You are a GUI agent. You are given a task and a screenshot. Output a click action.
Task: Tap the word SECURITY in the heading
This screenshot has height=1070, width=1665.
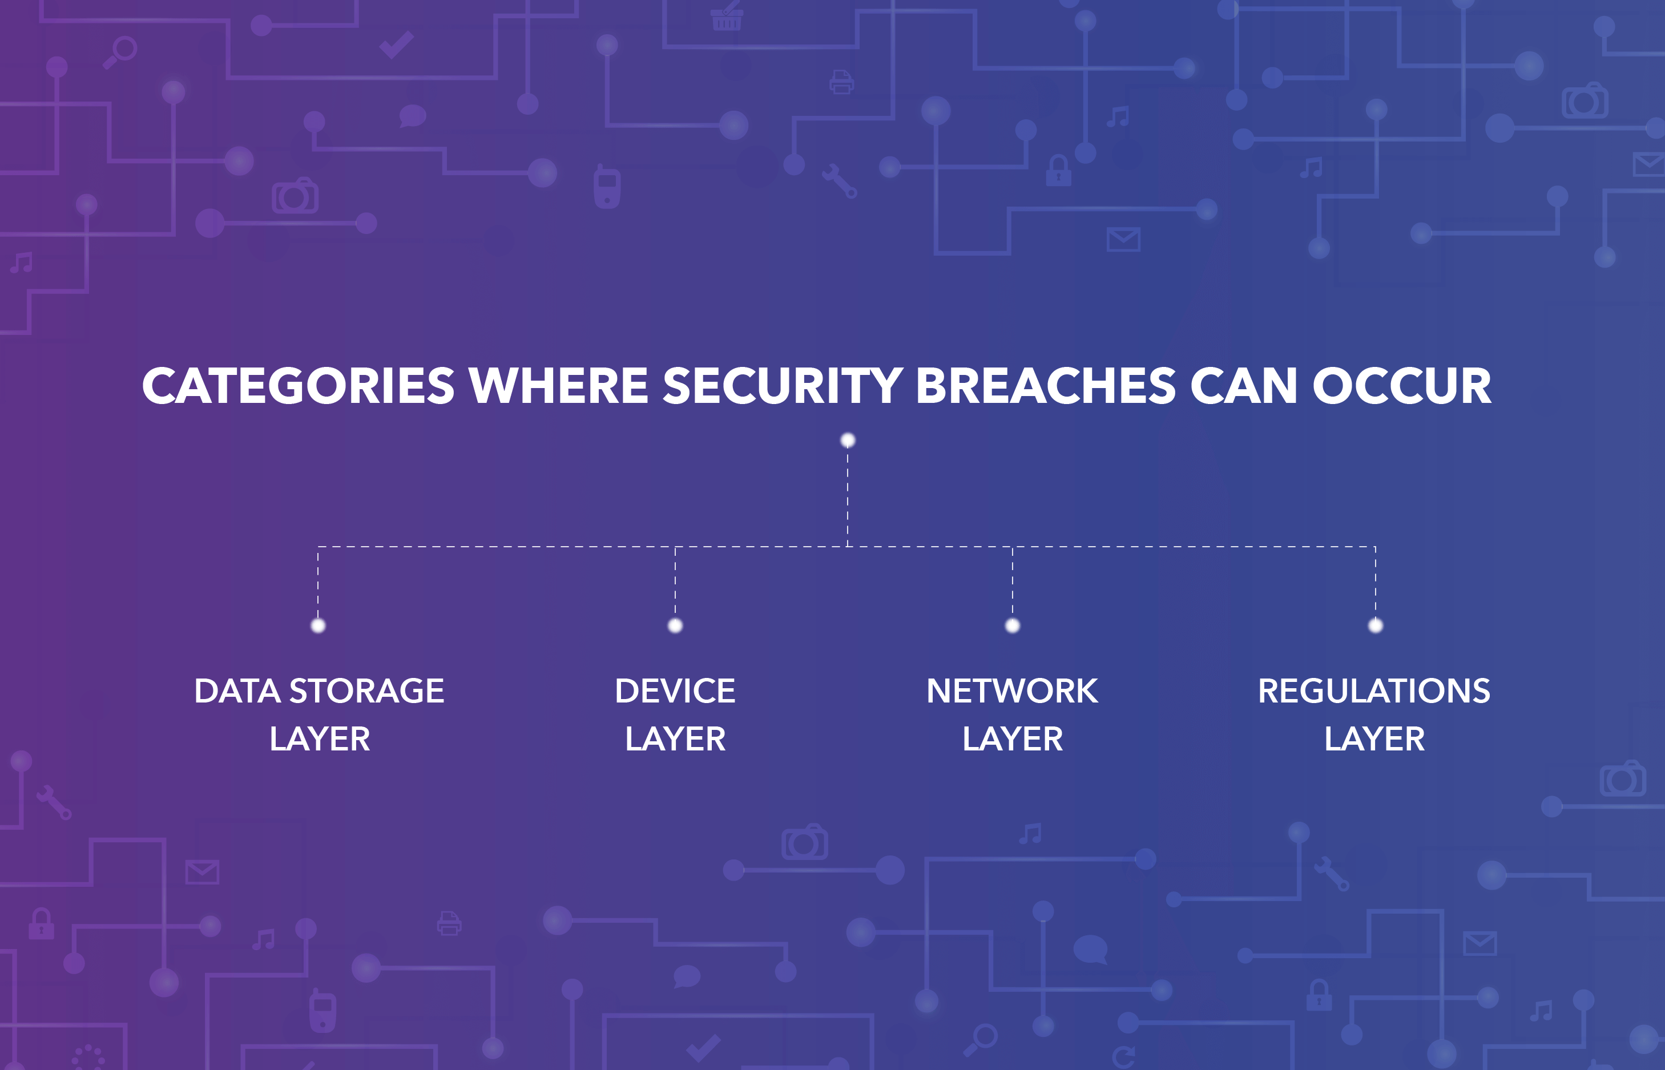783,386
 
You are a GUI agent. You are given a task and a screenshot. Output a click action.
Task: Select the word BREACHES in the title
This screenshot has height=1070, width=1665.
1045,386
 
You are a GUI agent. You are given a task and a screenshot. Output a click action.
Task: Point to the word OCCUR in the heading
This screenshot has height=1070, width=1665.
1402,386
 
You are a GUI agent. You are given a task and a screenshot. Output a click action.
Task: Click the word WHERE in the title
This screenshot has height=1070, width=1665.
559,386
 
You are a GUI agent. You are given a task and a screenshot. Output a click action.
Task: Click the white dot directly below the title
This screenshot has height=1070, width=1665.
848,440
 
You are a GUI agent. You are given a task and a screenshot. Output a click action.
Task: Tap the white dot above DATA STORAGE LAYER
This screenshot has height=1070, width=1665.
319,625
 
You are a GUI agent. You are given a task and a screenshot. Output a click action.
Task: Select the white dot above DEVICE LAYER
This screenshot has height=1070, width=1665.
675,625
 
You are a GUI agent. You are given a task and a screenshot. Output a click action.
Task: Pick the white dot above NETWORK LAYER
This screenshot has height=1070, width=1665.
1013,625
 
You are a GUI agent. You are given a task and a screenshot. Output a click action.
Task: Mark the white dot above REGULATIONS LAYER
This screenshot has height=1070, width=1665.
1375,625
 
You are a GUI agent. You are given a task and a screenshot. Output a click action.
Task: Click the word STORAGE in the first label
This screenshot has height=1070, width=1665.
366,691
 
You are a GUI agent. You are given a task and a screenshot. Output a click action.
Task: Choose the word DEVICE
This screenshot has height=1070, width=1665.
675,691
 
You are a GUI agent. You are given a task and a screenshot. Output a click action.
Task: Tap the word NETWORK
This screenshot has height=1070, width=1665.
1013,691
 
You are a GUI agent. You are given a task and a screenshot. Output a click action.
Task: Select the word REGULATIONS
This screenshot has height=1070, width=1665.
1374,691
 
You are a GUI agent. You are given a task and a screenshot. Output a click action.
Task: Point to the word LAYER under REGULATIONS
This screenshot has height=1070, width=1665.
1374,738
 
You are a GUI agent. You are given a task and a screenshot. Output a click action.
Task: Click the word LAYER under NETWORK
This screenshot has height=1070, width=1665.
1013,738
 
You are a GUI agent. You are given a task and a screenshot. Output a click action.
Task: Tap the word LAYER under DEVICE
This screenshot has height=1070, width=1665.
675,738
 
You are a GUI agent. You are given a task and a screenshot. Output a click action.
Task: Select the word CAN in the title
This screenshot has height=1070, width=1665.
1243,386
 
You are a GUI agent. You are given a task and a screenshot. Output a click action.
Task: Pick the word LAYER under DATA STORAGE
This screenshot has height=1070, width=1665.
320,738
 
